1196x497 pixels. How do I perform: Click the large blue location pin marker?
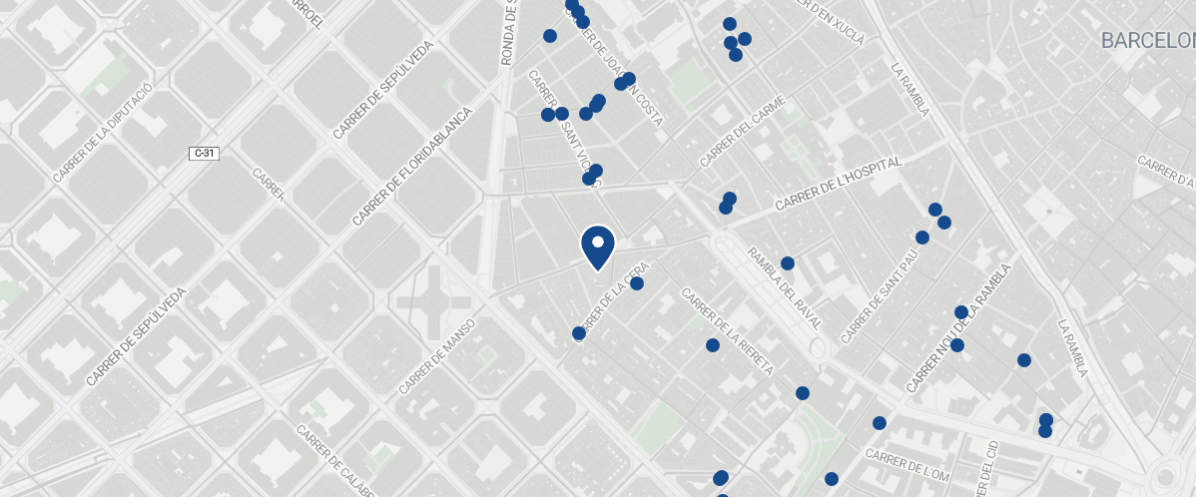(597, 247)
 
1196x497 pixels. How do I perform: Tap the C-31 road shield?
(205, 153)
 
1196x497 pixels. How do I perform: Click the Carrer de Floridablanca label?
(410, 166)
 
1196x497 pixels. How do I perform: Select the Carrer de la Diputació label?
(102, 134)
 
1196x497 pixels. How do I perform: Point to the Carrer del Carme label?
(743, 131)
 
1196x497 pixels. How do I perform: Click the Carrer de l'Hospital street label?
(838, 183)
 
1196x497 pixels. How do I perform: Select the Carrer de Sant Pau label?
(880, 296)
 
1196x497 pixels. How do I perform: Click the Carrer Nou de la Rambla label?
(958, 327)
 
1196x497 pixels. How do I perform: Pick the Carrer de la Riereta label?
(727, 330)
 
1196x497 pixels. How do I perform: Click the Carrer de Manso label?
(436, 356)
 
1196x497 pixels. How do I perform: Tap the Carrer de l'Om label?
(906, 461)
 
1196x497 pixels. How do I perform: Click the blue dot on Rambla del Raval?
(787, 263)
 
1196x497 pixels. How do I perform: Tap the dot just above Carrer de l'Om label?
(879, 423)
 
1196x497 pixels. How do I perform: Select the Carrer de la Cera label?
(613, 299)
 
